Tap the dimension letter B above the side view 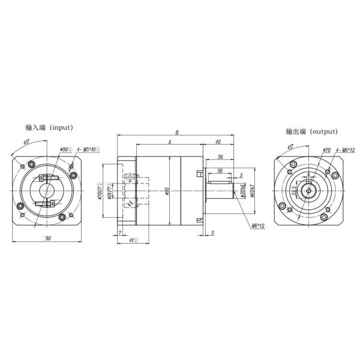(x=177, y=133)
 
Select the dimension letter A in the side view (x=170, y=143)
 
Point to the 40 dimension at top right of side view (x=217, y=143)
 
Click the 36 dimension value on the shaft (x=221, y=158)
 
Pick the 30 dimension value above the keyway (x=220, y=171)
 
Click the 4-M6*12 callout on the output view (x=346, y=149)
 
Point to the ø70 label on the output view (x=327, y=149)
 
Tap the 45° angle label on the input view (x=27, y=142)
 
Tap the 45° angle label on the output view (x=290, y=146)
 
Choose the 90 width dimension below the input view (x=49, y=239)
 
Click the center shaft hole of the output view (x=308, y=191)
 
